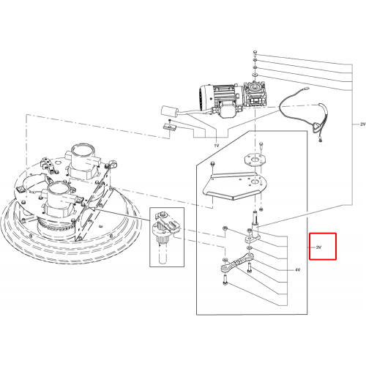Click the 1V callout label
tap(217, 146)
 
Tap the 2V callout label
tap(363, 124)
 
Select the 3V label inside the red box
tap(318, 247)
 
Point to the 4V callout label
tap(297, 270)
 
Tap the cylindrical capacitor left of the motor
tap(170, 111)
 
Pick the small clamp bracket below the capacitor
tap(170, 126)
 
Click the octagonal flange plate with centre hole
tap(255, 160)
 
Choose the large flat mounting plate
tap(234, 185)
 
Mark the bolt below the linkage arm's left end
tap(225, 280)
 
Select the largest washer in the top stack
tap(255, 74)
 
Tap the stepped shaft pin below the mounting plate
tap(255, 218)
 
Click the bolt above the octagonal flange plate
tap(261, 146)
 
